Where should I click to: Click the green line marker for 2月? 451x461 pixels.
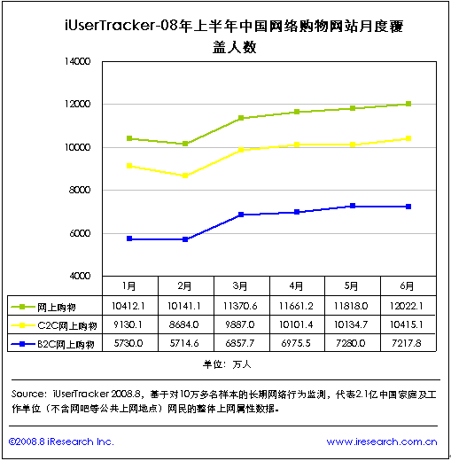(185, 144)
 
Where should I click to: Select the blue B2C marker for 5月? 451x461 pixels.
(353, 206)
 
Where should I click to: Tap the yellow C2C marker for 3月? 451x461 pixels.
(241, 150)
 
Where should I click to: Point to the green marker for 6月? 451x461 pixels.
(408, 104)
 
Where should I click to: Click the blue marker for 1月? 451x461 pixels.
(129, 238)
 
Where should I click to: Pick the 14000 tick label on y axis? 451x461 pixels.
(77, 61)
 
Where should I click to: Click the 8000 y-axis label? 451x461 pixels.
(80, 190)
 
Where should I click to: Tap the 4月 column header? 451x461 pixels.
(296, 286)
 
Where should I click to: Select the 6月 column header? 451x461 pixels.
(407, 286)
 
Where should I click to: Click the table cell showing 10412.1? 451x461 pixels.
(128, 306)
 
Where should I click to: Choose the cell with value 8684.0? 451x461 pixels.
(183, 324)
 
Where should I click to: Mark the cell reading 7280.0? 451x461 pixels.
(351, 343)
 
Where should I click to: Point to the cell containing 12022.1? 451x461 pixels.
(407, 306)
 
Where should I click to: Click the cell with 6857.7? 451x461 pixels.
(240, 343)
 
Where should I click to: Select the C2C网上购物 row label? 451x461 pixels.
(67, 325)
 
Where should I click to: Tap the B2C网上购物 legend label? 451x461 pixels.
(66, 344)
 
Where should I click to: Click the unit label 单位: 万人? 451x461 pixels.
(227, 364)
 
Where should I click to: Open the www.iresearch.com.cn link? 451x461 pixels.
(382, 441)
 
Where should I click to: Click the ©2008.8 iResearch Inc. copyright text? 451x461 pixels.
(61, 441)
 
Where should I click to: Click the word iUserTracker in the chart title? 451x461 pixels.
(110, 26)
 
